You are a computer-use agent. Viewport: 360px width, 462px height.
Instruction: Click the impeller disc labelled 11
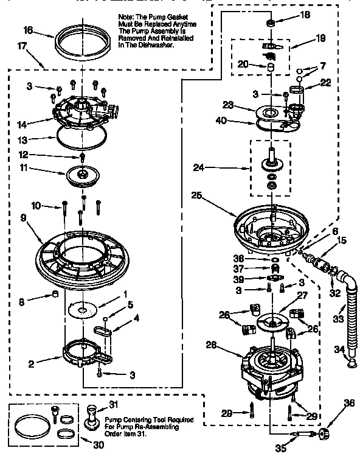[x=83, y=174]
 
